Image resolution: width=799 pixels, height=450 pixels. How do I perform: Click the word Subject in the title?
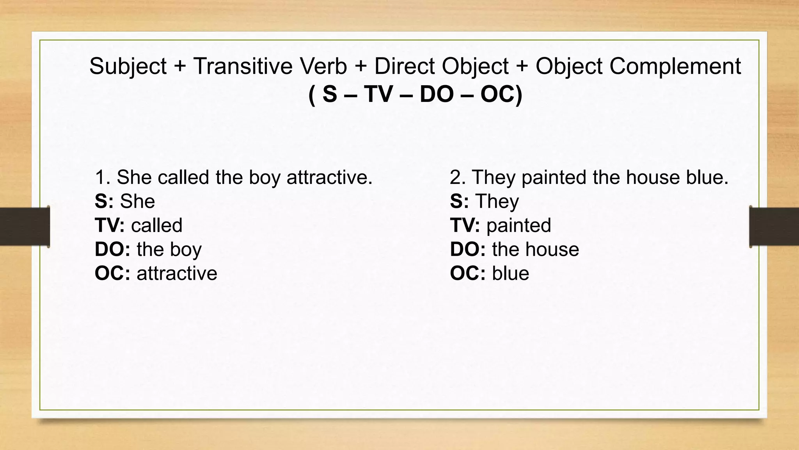pyautogui.click(x=128, y=66)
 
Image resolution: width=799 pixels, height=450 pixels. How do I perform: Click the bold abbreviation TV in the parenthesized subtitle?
pyautogui.click(x=378, y=95)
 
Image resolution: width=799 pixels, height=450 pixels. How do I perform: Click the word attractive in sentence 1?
pyautogui.click(x=330, y=177)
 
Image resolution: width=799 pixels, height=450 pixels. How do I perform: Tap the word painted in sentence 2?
pyautogui.click(x=557, y=177)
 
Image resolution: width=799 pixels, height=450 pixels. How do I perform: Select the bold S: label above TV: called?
pyautogui.click(x=104, y=202)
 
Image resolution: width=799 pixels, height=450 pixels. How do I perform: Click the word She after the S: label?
pyautogui.click(x=137, y=202)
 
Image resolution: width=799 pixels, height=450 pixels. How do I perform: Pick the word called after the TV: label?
pyautogui.click(x=157, y=225)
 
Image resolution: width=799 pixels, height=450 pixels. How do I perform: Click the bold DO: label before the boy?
pyautogui.click(x=112, y=249)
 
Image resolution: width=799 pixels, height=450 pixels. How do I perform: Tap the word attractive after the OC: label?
pyautogui.click(x=177, y=273)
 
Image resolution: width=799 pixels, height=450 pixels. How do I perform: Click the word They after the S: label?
pyautogui.click(x=497, y=202)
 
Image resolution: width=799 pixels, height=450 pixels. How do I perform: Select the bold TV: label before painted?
pyautogui.click(x=465, y=225)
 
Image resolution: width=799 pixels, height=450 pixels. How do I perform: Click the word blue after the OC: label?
pyautogui.click(x=510, y=273)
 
